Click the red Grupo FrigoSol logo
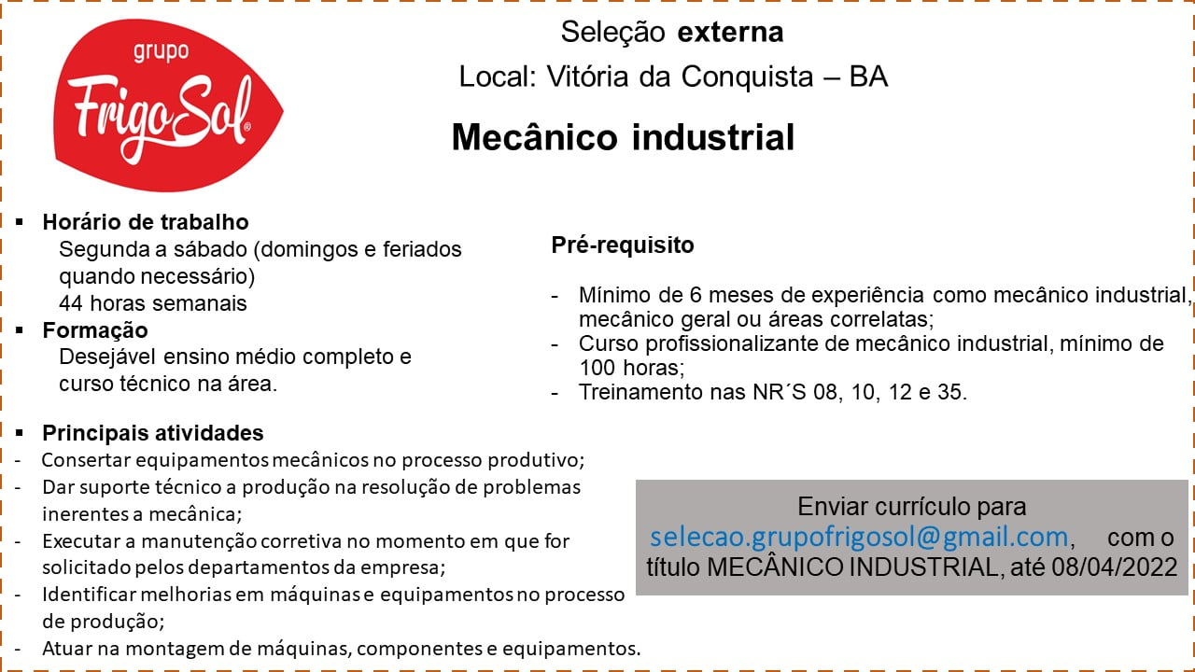[168, 105]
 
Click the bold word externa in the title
[730, 32]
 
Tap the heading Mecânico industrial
[623, 137]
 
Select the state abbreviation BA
[868, 77]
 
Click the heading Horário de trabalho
[146, 222]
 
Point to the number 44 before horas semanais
[70, 303]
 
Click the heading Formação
[95, 330]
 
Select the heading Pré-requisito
[623, 245]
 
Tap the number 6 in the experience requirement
[696, 295]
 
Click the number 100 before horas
[597, 368]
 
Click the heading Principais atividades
[153, 433]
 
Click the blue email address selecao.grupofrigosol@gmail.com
[859, 537]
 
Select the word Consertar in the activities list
[86, 460]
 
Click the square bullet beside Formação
[20, 330]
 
